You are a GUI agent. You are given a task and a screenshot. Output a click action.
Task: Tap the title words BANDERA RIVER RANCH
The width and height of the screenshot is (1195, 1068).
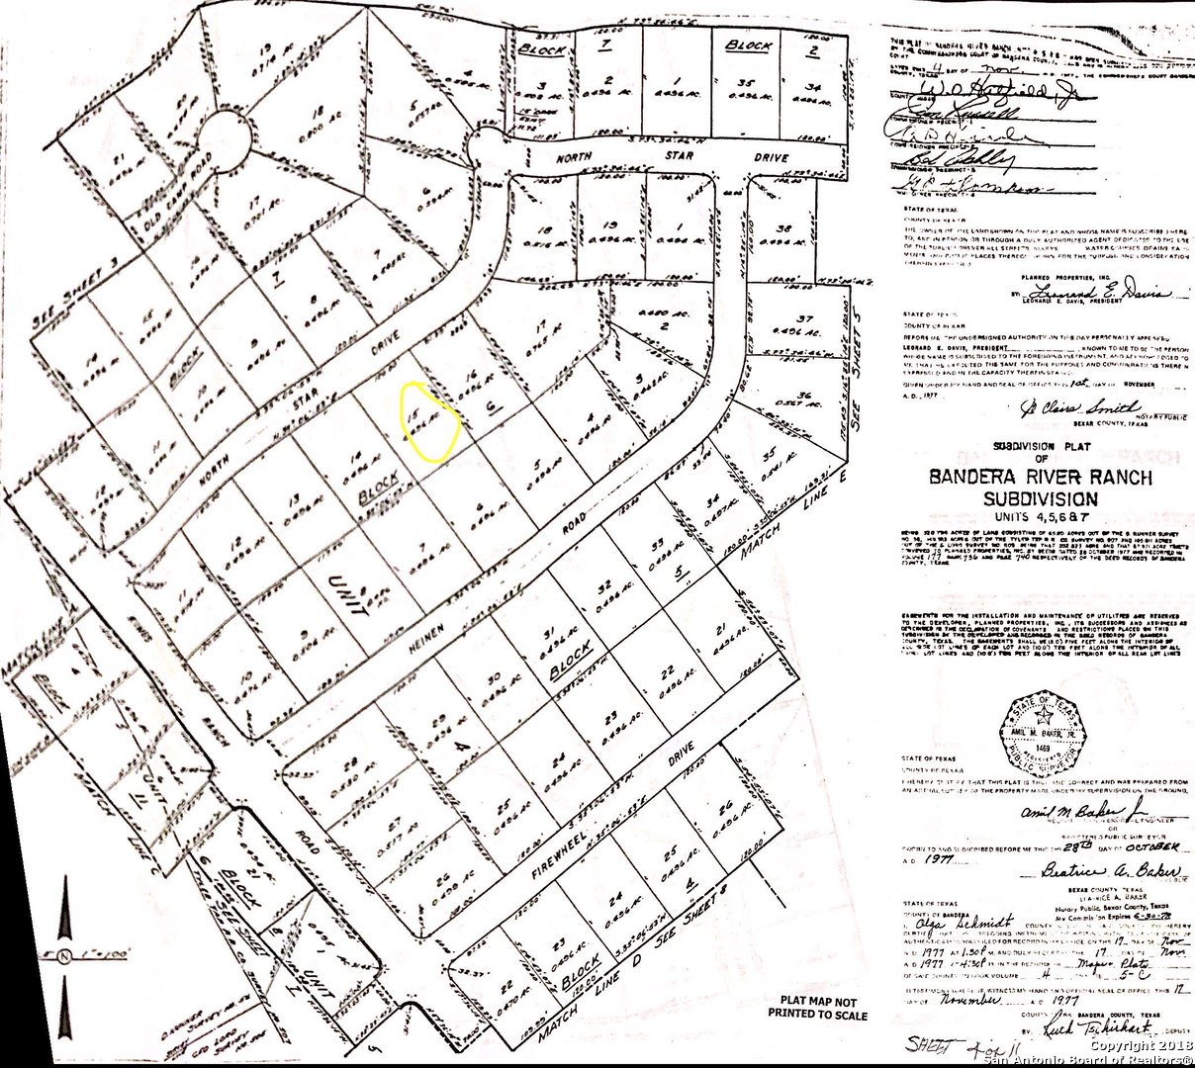pyautogui.click(x=1040, y=478)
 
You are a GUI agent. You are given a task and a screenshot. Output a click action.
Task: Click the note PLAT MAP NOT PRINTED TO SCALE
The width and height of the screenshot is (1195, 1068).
pyautogui.click(x=817, y=1007)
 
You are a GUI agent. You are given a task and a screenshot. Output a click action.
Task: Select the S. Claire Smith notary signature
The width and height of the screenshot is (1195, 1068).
pyautogui.click(x=1078, y=406)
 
